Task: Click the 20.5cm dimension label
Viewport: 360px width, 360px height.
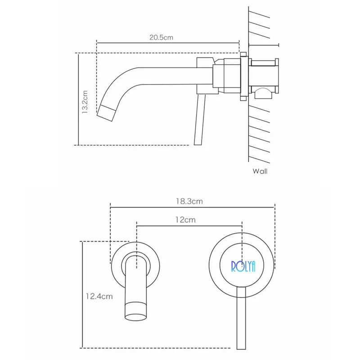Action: coord(161,37)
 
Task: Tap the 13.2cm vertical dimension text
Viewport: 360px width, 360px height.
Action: coord(85,102)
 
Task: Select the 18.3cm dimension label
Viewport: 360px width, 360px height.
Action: coord(189,201)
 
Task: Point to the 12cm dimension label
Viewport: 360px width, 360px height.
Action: coord(185,220)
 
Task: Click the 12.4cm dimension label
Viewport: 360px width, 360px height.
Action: coord(99,296)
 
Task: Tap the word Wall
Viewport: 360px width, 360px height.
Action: coord(260,171)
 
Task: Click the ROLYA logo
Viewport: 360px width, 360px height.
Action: coord(243,266)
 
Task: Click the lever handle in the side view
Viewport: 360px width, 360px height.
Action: coord(199,119)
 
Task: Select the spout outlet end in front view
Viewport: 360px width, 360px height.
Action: coord(136,311)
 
